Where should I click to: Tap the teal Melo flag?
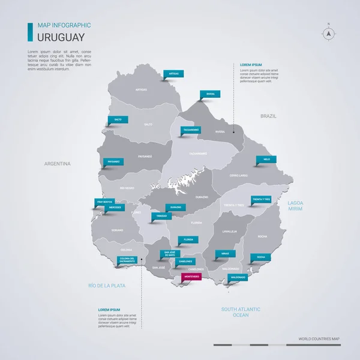point(266,160)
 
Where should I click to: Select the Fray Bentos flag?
point(104,202)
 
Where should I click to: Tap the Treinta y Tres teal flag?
point(262,199)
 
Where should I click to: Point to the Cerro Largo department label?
point(238,175)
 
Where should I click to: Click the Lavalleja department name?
point(230,231)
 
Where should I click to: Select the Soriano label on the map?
point(117,230)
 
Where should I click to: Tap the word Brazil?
point(267,115)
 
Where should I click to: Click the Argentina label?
point(58,164)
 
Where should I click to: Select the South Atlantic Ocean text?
point(241,311)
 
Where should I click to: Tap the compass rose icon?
point(329,34)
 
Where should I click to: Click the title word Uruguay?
point(58,37)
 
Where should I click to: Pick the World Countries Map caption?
point(319,340)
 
